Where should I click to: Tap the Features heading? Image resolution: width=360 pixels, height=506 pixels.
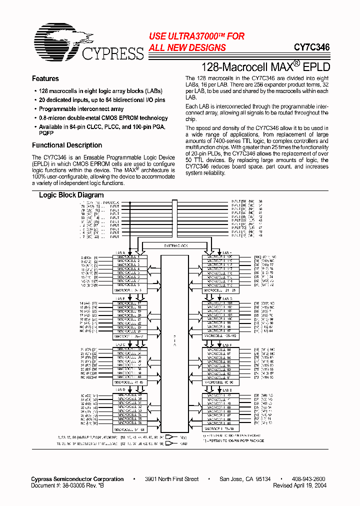point(45,78)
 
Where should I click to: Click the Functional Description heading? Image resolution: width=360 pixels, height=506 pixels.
point(67,145)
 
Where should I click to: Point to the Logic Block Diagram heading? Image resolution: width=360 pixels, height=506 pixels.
point(71,195)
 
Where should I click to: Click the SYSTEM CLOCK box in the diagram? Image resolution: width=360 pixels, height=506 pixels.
point(175,246)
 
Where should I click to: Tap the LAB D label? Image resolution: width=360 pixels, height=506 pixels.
point(120,389)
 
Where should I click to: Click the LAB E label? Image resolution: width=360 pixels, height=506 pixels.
point(226,389)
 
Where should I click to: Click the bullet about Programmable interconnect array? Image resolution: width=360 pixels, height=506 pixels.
point(81,109)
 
